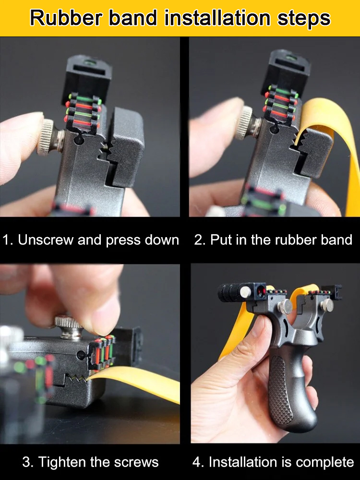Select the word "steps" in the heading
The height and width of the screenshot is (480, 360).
click(305, 18)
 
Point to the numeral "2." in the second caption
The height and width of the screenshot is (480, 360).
click(200, 240)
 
